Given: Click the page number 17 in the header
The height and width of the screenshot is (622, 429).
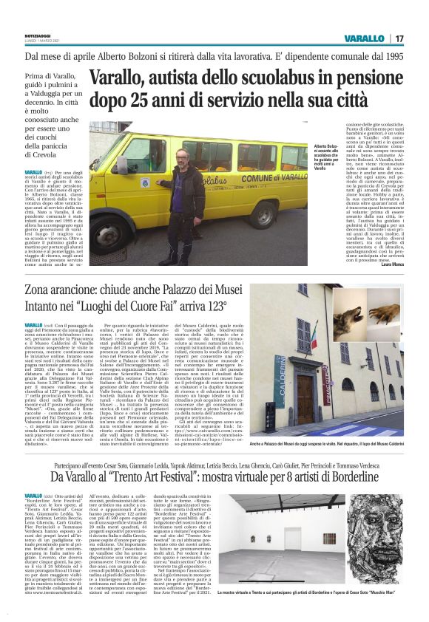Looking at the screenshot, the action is [398, 38].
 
